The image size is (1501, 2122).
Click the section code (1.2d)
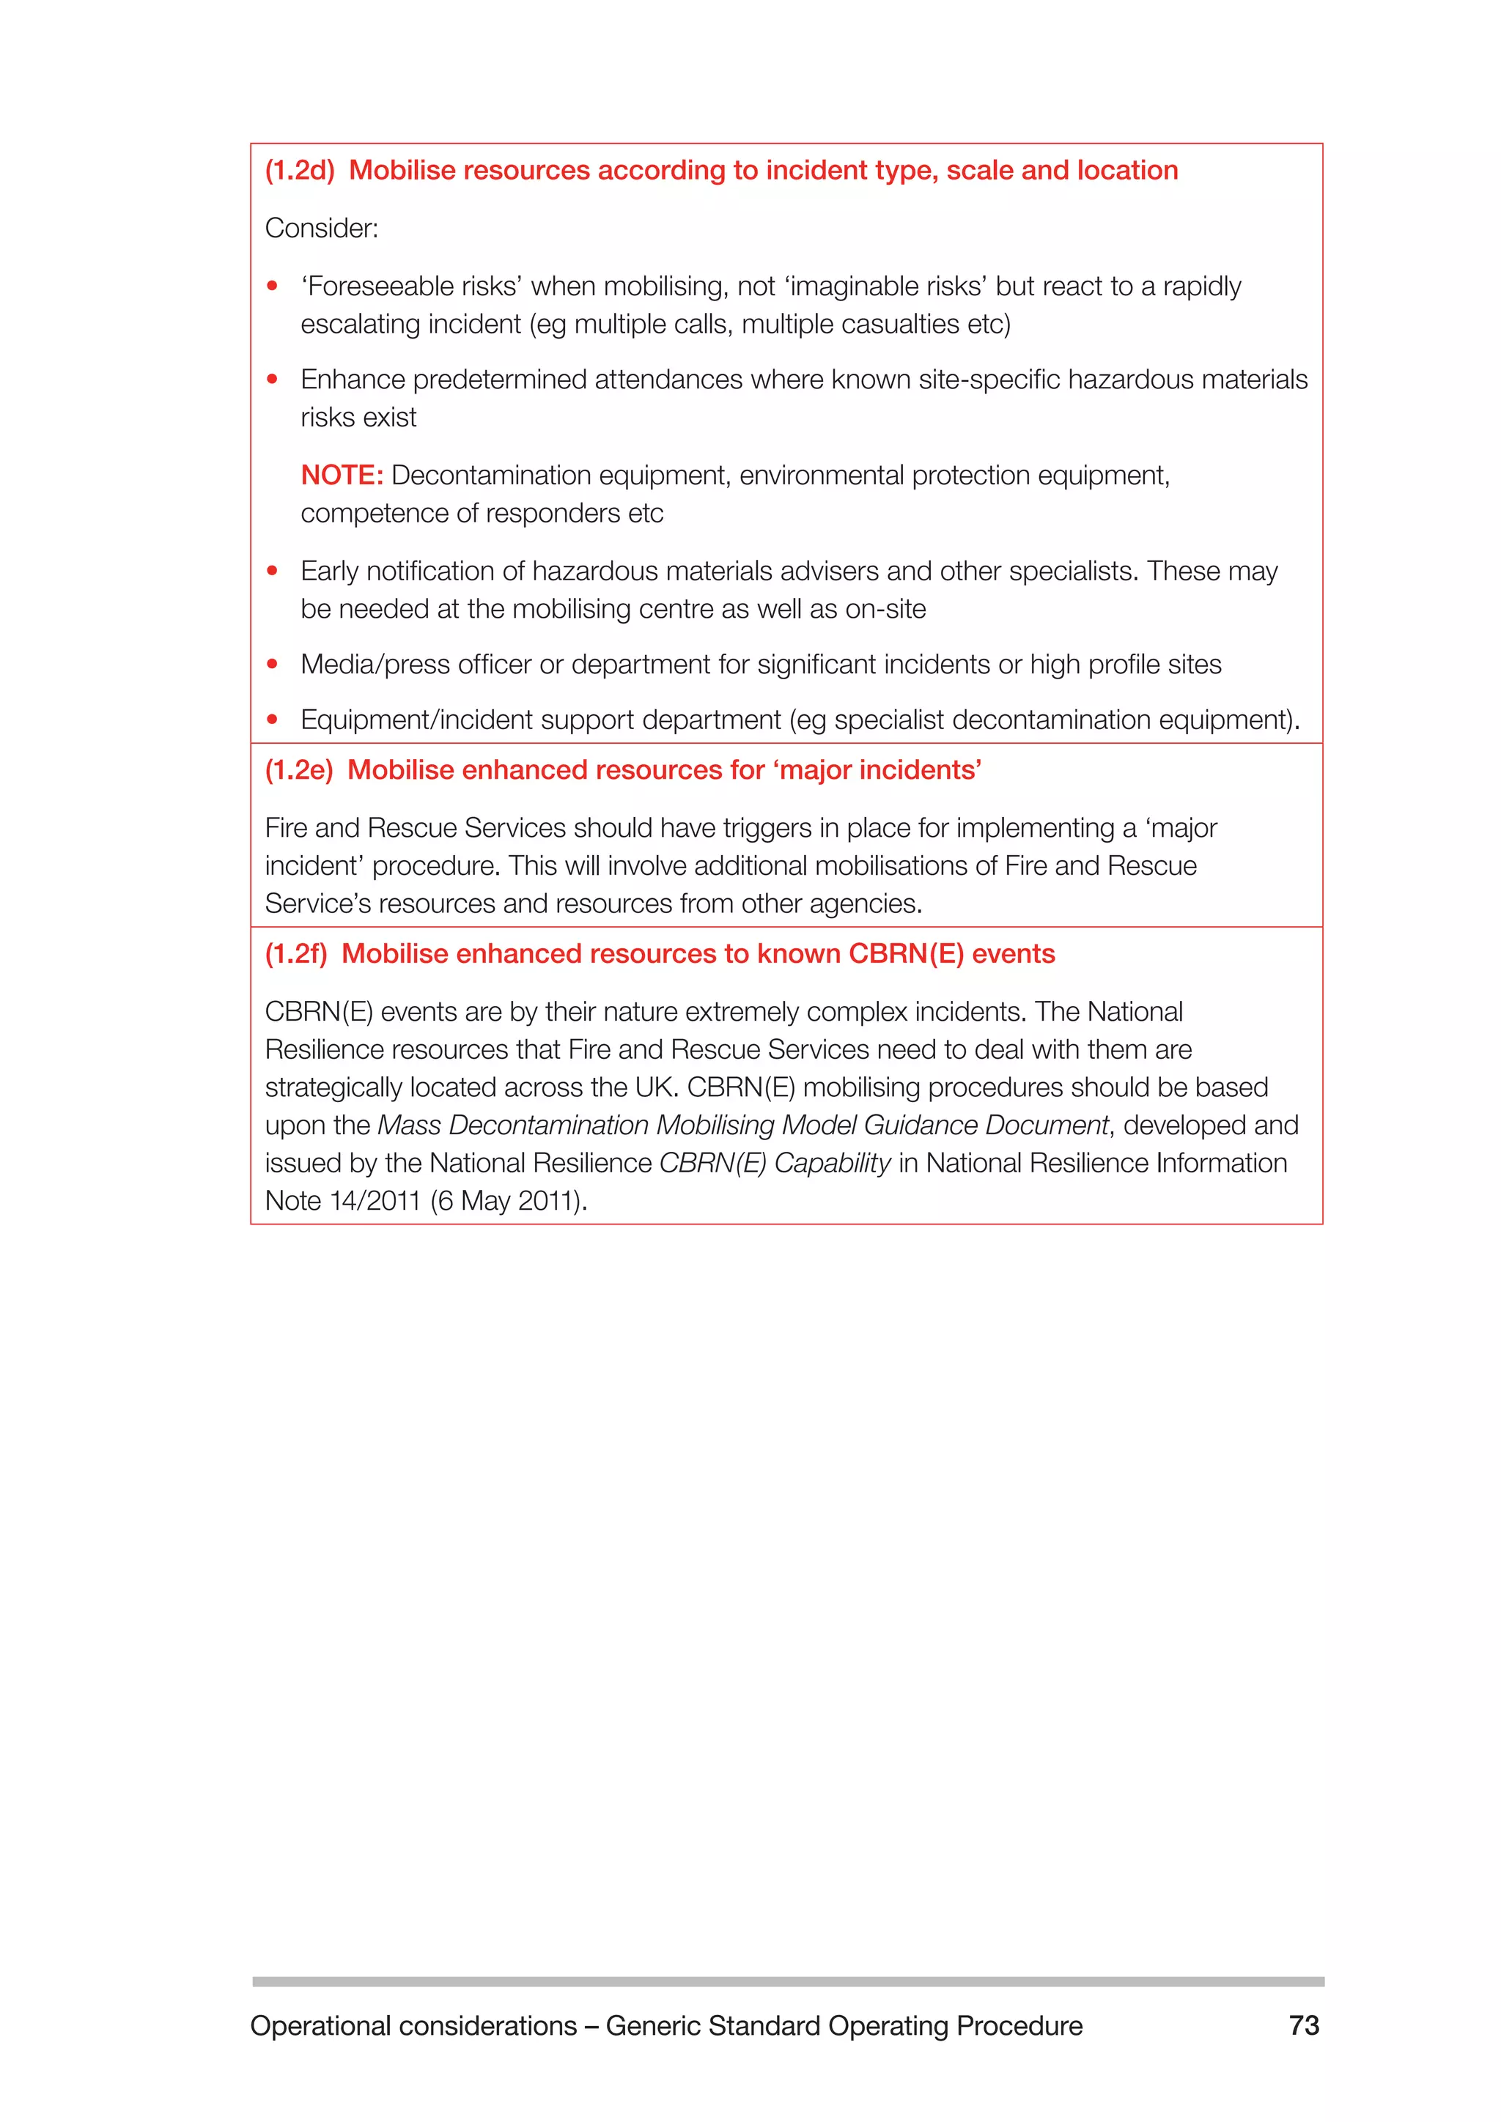[x=300, y=171]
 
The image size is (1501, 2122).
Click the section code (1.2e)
[x=298, y=771]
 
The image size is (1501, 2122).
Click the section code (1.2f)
[x=296, y=955]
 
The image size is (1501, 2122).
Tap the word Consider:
[x=322, y=229]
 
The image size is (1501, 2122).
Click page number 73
[x=1303, y=2026]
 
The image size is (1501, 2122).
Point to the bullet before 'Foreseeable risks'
[x=272, y=287]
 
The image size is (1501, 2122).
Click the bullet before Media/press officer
[x=272, y=665]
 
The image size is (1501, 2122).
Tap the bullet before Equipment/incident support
[x=272, y=720]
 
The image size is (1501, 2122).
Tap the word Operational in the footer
[x=320, y=2027]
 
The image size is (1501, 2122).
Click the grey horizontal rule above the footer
[x=787, y=1981]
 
